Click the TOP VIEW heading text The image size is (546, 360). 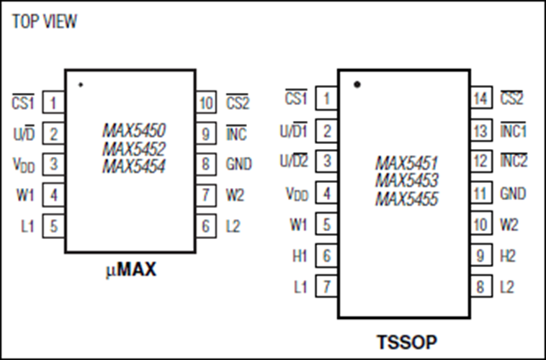pos(45,22)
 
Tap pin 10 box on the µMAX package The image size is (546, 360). pos(206,103)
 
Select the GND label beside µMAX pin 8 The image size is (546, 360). pos(238,164)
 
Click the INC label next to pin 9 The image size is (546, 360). pos(236,134)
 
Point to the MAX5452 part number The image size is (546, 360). pos(134,149)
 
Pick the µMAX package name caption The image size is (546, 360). pos(130,271)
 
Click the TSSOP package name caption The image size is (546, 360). pos(407,341)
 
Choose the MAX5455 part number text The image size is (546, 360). pos(406,198)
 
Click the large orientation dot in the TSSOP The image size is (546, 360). pos(357,85)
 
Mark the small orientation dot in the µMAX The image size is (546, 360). pos(80,85)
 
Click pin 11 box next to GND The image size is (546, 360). pos(480,193)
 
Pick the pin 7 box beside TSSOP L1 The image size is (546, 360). pos(327,287)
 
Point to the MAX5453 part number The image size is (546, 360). pos(406,180)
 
